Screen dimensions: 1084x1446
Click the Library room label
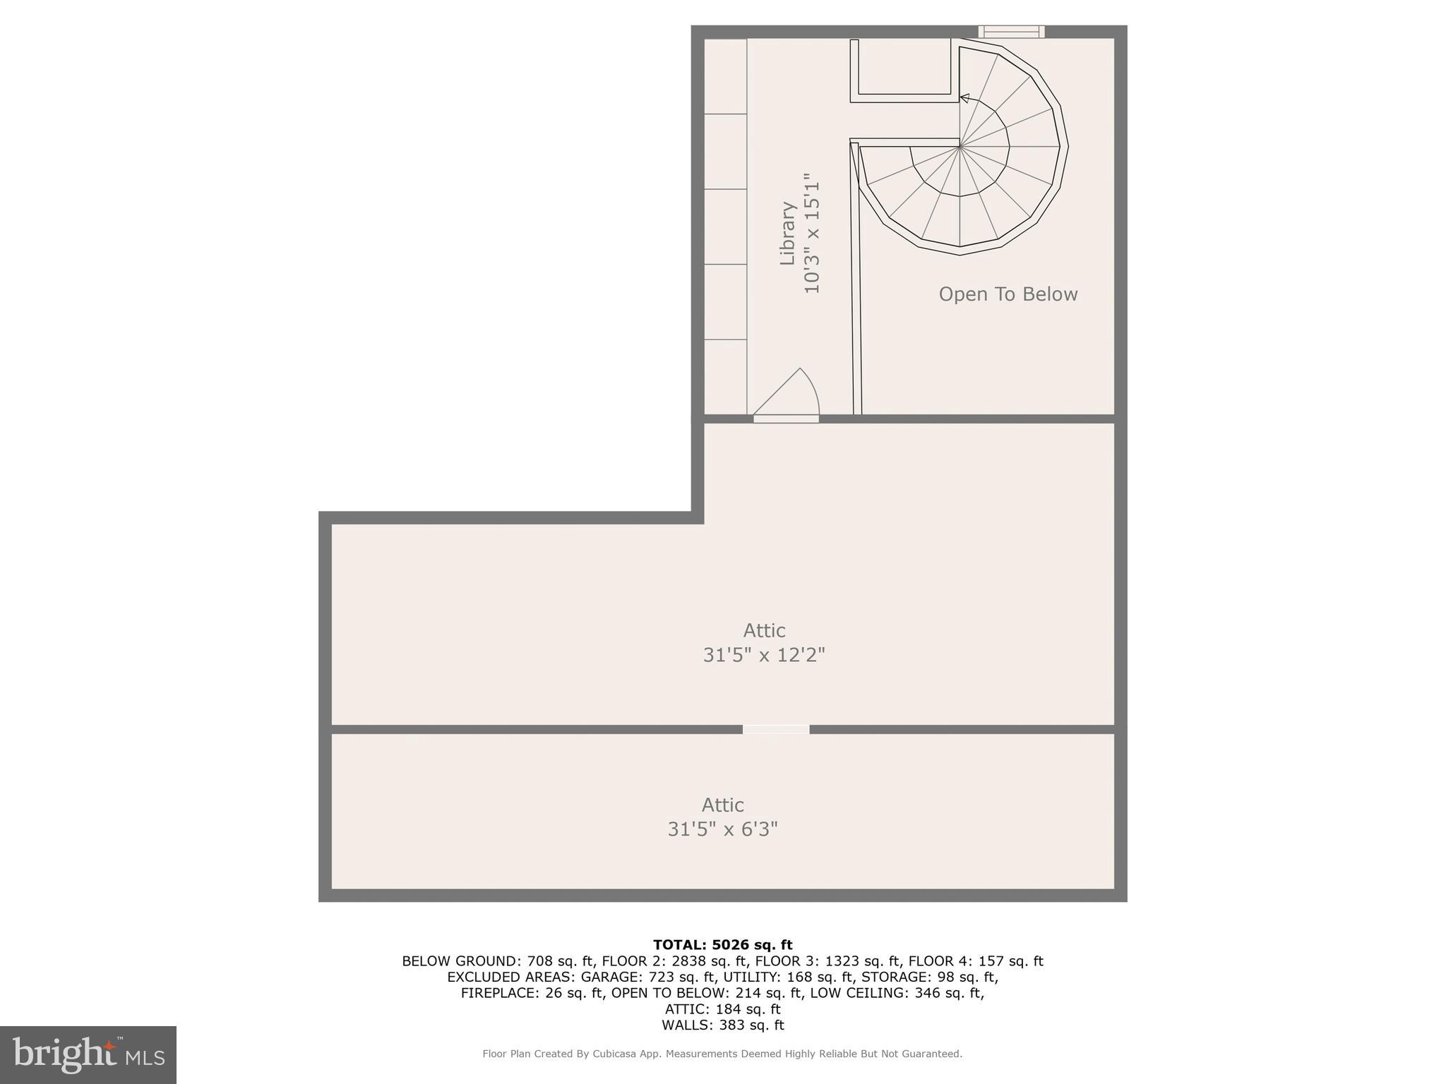787,234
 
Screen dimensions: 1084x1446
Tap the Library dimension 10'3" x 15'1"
812,234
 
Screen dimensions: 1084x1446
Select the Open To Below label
1008,294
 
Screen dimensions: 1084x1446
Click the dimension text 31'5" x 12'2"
764,655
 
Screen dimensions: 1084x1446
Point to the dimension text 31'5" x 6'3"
722,829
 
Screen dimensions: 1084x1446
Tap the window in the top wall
1011,31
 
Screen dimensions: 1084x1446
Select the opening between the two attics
775,729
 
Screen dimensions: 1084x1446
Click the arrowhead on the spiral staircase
964,98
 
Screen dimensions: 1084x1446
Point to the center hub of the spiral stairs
960,147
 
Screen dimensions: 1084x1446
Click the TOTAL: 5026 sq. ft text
722,945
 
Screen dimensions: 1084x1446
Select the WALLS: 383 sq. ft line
722,1025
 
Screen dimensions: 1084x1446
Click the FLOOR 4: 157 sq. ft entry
975,961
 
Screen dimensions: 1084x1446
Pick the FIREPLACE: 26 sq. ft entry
532,993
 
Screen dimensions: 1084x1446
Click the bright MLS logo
88,1054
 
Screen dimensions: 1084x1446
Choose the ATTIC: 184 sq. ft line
722,1009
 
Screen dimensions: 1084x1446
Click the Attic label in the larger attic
764,630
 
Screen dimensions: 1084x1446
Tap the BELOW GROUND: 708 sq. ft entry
498,961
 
